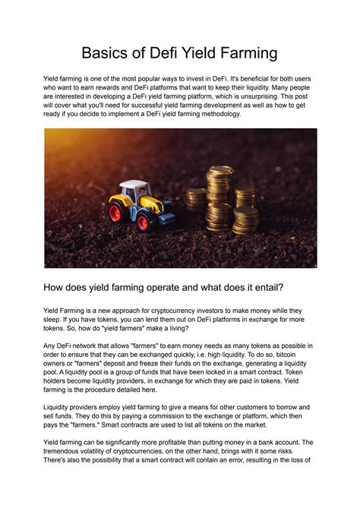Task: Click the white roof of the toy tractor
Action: [135, 185]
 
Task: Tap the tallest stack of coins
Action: [221, 199]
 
